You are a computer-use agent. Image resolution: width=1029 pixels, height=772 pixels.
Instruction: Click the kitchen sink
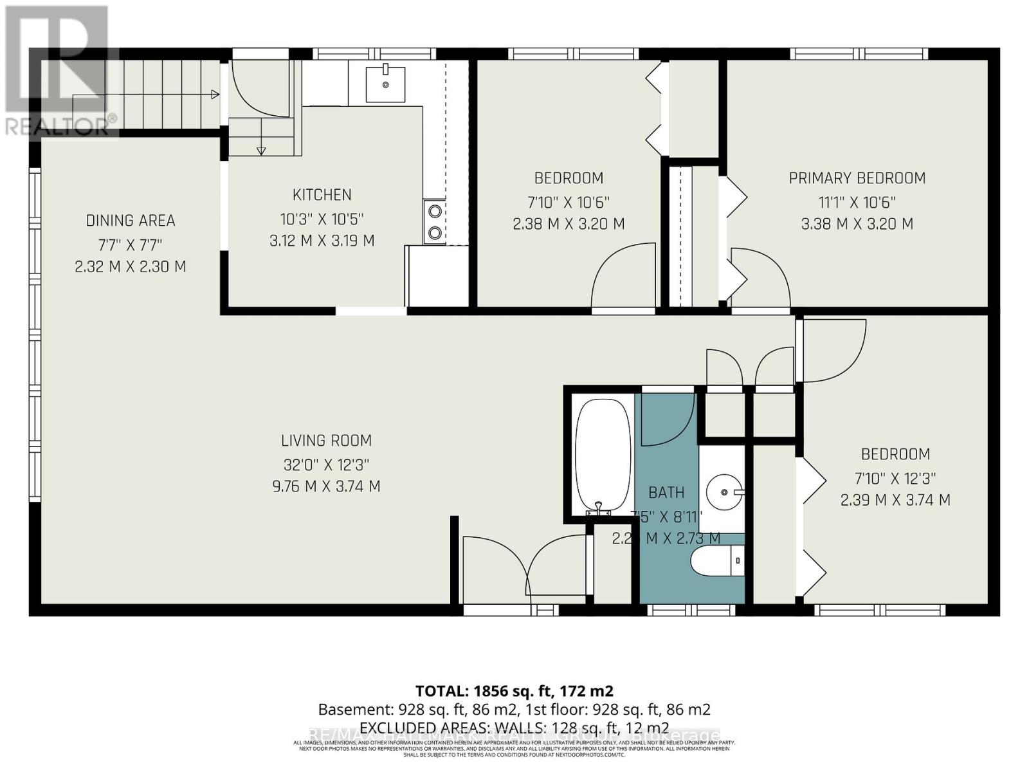point(385,84)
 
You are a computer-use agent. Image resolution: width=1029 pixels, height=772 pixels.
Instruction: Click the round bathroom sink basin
point(724,492)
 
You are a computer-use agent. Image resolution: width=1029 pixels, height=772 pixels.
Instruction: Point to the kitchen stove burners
point(435,221)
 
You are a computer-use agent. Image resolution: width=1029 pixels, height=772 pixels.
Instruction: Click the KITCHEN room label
point(322,195)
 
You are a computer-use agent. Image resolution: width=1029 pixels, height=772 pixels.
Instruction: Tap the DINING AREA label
point(131,221)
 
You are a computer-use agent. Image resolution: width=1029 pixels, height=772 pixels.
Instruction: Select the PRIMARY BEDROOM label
point(857,178)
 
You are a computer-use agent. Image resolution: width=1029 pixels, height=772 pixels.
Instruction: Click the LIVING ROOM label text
point(326,441)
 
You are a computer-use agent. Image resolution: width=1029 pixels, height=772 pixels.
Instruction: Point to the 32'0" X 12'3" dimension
point(326,464)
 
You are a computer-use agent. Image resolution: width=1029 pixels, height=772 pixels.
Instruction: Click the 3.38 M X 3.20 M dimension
point(857,224)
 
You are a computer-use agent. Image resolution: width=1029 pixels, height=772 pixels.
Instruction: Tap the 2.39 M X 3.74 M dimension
point(895,500)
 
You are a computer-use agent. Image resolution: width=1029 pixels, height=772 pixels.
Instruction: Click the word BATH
point(666,493)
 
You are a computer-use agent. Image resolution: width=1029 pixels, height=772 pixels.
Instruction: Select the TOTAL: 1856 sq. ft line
point(514,691)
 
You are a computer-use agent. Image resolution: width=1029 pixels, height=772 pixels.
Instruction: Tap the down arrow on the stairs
point(261,151)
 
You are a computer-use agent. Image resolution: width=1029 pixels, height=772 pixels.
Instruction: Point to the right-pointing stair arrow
point(215,95)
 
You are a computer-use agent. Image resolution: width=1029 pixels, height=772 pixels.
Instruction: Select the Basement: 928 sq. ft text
point(412,710)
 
